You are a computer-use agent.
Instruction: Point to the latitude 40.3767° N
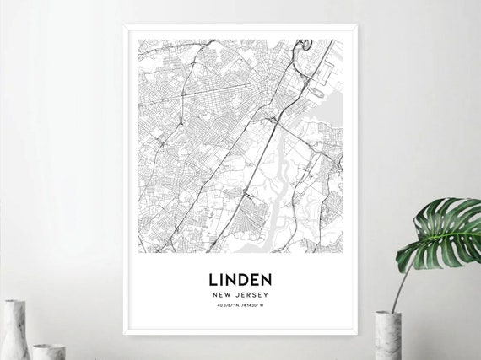click(x=223, y=307)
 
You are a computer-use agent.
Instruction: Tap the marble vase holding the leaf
click(x=386, y=336)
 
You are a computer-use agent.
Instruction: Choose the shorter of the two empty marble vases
click(x=48, y=351)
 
